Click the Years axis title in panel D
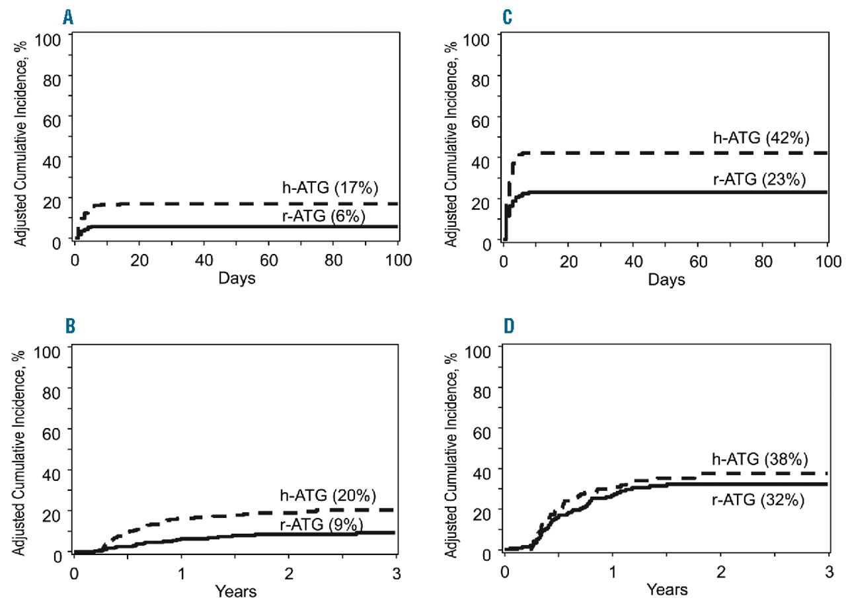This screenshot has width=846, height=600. [668, 589]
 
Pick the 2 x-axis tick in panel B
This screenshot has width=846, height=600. [288, 570]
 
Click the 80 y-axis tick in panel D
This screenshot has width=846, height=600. [486, 390]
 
